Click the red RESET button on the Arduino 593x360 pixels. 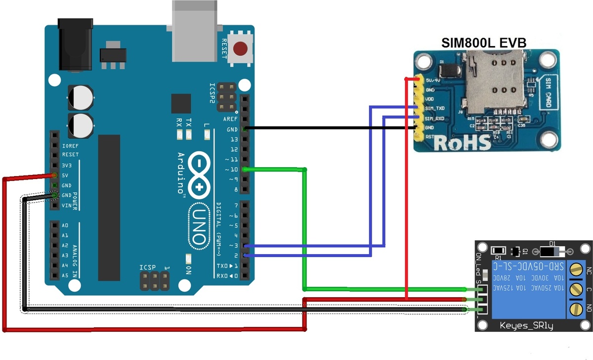pos(241,49)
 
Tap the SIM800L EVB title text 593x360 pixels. pos(483,43)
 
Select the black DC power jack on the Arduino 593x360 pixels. pos(76,45)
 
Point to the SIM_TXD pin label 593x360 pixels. pos(435,108)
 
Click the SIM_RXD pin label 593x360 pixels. pos(435,118)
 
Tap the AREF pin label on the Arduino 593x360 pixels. pos(230,119)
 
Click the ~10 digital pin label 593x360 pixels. pos(231,170)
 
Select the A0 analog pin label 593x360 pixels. pos(65,225)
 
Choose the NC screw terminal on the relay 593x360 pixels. pos(575,270)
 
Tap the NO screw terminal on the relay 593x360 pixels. pos(575,309)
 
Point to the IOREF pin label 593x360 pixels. pos(70,145)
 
